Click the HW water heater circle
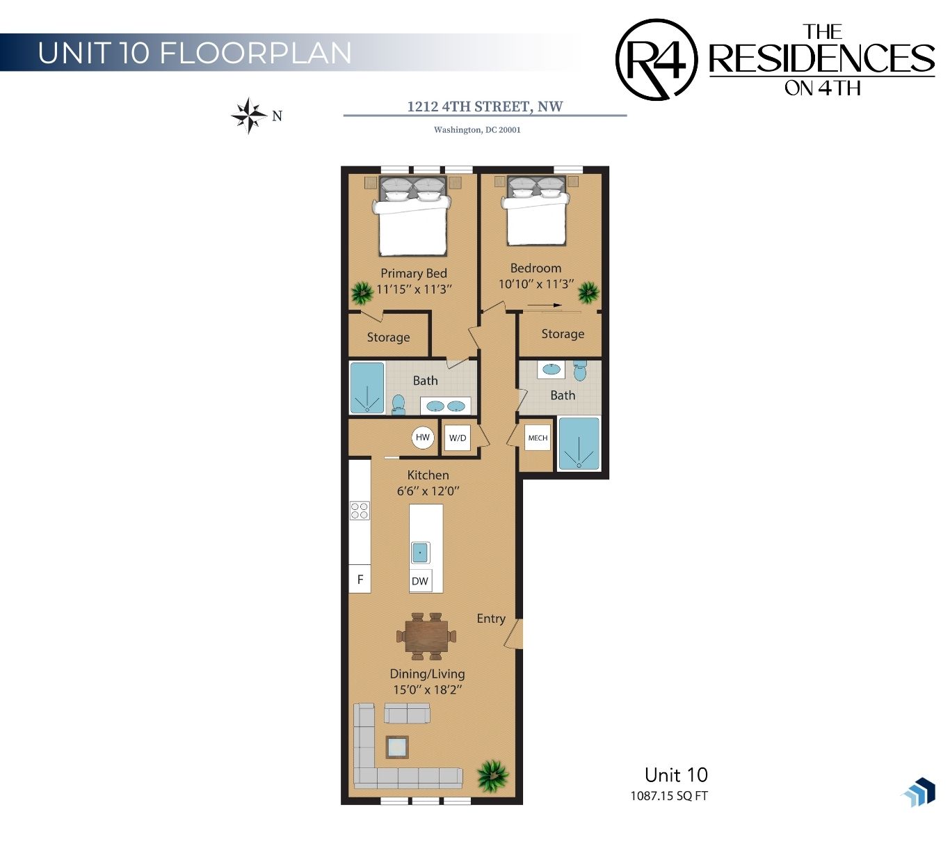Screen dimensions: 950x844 422,437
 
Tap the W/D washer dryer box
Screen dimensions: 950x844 457,438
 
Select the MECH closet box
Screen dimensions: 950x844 538,438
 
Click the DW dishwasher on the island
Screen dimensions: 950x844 419,581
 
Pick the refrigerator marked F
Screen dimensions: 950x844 360,579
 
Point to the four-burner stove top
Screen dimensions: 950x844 360,511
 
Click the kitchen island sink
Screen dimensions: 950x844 420,552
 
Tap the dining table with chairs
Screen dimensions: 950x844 426,636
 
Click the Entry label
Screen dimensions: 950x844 491,619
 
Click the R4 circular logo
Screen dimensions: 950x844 656,60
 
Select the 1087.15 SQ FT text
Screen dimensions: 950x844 668,796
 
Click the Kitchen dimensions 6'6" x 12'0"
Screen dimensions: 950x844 428,491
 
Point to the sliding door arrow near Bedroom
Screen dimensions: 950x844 544,305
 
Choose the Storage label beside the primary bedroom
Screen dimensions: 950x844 388,337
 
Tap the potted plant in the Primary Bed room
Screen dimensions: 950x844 362,293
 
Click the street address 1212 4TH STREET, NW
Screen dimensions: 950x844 485,106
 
